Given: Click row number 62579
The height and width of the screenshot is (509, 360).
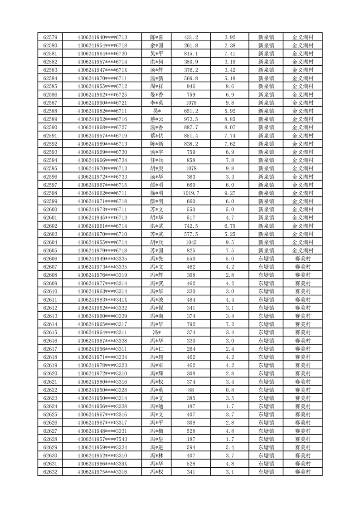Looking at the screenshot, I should [x=50, y=37].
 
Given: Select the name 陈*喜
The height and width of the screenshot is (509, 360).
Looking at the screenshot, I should [x=156, y=37].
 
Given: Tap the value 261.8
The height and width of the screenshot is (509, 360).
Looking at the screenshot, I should [x=191, y=45].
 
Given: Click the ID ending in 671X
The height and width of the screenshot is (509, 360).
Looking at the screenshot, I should [x=102, y=70].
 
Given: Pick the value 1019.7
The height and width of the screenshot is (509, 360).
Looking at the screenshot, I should [x=191, y=193].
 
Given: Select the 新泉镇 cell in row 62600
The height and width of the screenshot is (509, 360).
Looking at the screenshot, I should [x=266, y=210].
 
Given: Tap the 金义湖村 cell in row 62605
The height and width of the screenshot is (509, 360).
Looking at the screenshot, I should [x=303, y=250].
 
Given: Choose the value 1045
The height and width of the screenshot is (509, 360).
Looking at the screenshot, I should [x=191, y=242].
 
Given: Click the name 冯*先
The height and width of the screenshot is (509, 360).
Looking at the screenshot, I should [x=156, y=259].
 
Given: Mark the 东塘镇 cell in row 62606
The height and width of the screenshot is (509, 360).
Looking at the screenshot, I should [x=266, y=259].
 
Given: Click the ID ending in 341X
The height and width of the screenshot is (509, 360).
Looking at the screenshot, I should [x=102, y=300].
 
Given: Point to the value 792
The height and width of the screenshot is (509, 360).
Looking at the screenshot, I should [x=191, y=324].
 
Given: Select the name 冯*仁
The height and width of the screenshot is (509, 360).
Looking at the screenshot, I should [x=156, y=349].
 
